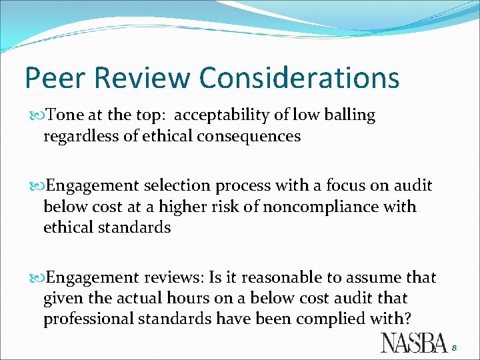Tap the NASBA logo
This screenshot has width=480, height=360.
[x=413, y=342]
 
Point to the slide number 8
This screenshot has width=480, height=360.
[x=455, y=347]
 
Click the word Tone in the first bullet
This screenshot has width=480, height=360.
[x=66, y=115]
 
